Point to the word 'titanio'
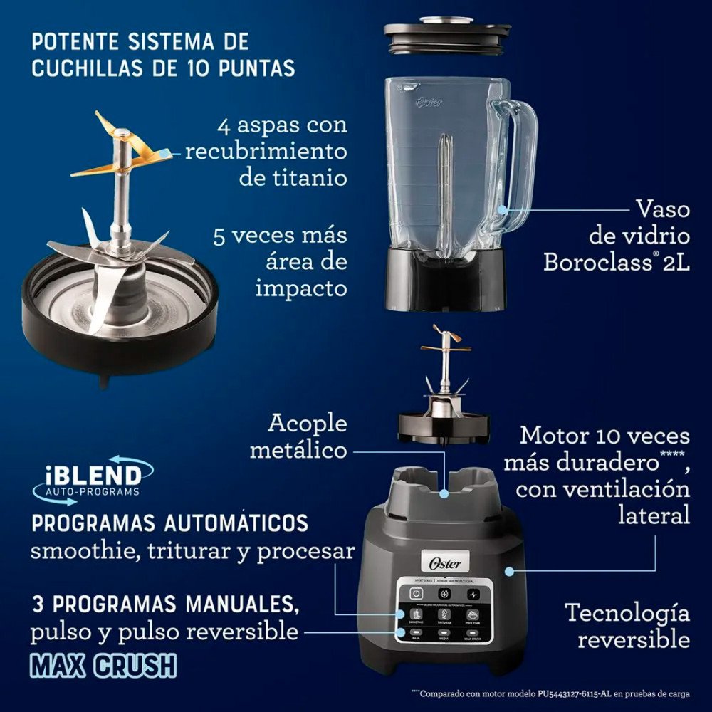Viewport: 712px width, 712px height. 293,177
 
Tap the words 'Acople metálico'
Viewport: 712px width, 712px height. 308,436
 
